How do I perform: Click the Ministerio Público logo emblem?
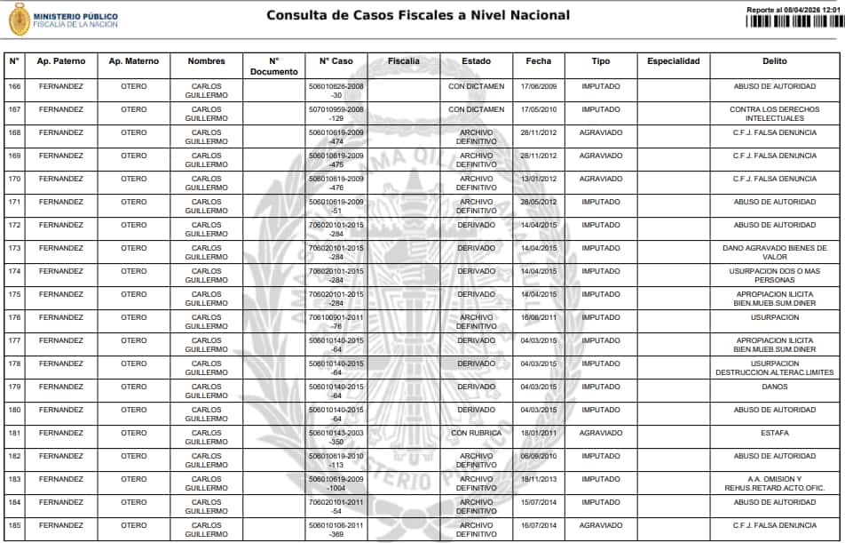pos(19,19)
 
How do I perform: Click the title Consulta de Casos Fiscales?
pos(418,15)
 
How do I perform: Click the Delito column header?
pos(774,61)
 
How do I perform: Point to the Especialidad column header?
pos(674,61)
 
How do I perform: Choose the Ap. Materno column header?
pos(134,61)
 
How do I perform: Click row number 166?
pos(14,86)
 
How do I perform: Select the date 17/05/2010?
pos(539,109)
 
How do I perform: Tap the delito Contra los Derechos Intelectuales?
pos(774,114)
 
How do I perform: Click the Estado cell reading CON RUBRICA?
pos(477,433)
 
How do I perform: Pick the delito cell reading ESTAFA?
pos(774,433)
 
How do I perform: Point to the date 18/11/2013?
pos(539,479)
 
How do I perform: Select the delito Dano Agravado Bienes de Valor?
pos(774,252)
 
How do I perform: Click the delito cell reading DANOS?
pos(774,387)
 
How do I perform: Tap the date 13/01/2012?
pos(539,179)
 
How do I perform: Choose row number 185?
pos(14,525)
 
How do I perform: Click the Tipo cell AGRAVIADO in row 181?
pos(601,433)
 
